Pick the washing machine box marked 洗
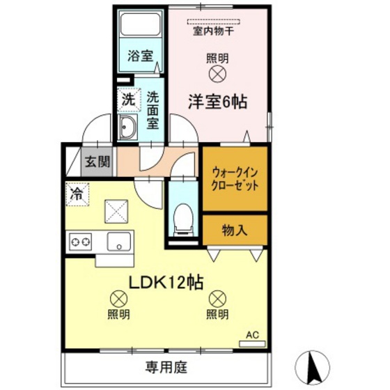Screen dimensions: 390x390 pos(128,99)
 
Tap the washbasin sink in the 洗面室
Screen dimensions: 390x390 pos(129,128)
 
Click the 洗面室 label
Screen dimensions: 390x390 pos(153,111)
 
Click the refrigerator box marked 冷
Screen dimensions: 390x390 pos(77,193)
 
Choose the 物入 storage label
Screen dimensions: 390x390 pos(234,228)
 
